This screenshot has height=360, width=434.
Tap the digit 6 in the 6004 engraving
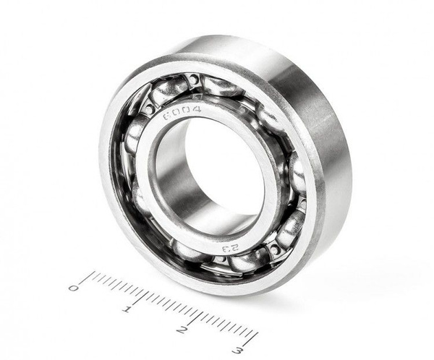click(167, 116)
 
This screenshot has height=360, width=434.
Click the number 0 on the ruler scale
click(73, 288)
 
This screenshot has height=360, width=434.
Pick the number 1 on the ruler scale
click(127, 309)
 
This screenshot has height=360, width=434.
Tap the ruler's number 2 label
click(181, 330)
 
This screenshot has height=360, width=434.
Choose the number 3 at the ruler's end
click(237, 351)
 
